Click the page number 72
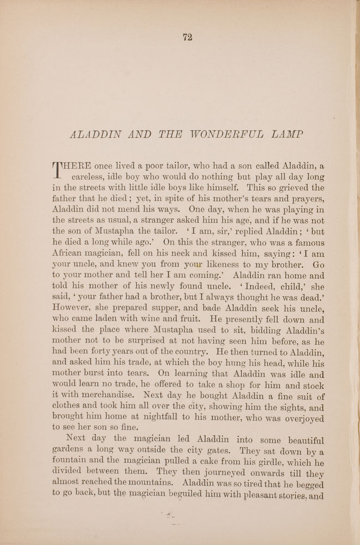click(188, 37)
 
